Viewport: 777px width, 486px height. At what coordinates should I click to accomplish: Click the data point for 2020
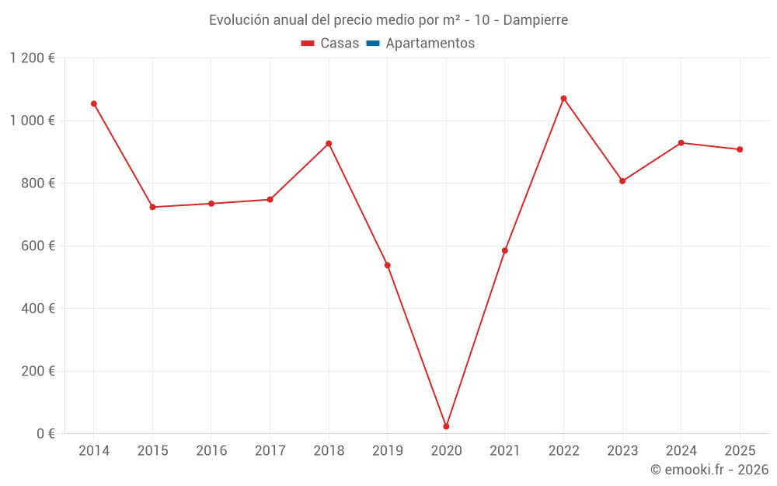446,426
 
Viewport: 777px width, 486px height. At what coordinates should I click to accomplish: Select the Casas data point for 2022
563,99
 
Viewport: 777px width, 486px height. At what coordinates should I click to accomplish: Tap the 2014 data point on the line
94,103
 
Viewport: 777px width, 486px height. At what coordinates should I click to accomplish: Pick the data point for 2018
329,143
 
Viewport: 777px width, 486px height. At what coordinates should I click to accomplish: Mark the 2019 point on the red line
388,265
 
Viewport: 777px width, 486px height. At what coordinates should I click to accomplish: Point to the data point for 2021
505,250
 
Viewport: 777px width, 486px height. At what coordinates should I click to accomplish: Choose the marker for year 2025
740,149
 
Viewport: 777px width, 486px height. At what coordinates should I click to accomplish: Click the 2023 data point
622,181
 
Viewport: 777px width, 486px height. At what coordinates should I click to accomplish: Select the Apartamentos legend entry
430,44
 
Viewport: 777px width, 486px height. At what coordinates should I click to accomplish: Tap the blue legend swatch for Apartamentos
372,44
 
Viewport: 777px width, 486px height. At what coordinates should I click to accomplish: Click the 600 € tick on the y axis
40,246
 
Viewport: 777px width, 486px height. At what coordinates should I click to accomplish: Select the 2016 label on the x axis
211,451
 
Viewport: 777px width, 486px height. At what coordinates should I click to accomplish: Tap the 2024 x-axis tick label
681,451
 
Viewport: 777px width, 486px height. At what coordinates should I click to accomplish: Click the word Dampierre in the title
535,19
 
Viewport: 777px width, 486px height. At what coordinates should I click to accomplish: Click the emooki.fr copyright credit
709,470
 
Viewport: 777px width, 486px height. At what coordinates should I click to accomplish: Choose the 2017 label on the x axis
270,451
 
